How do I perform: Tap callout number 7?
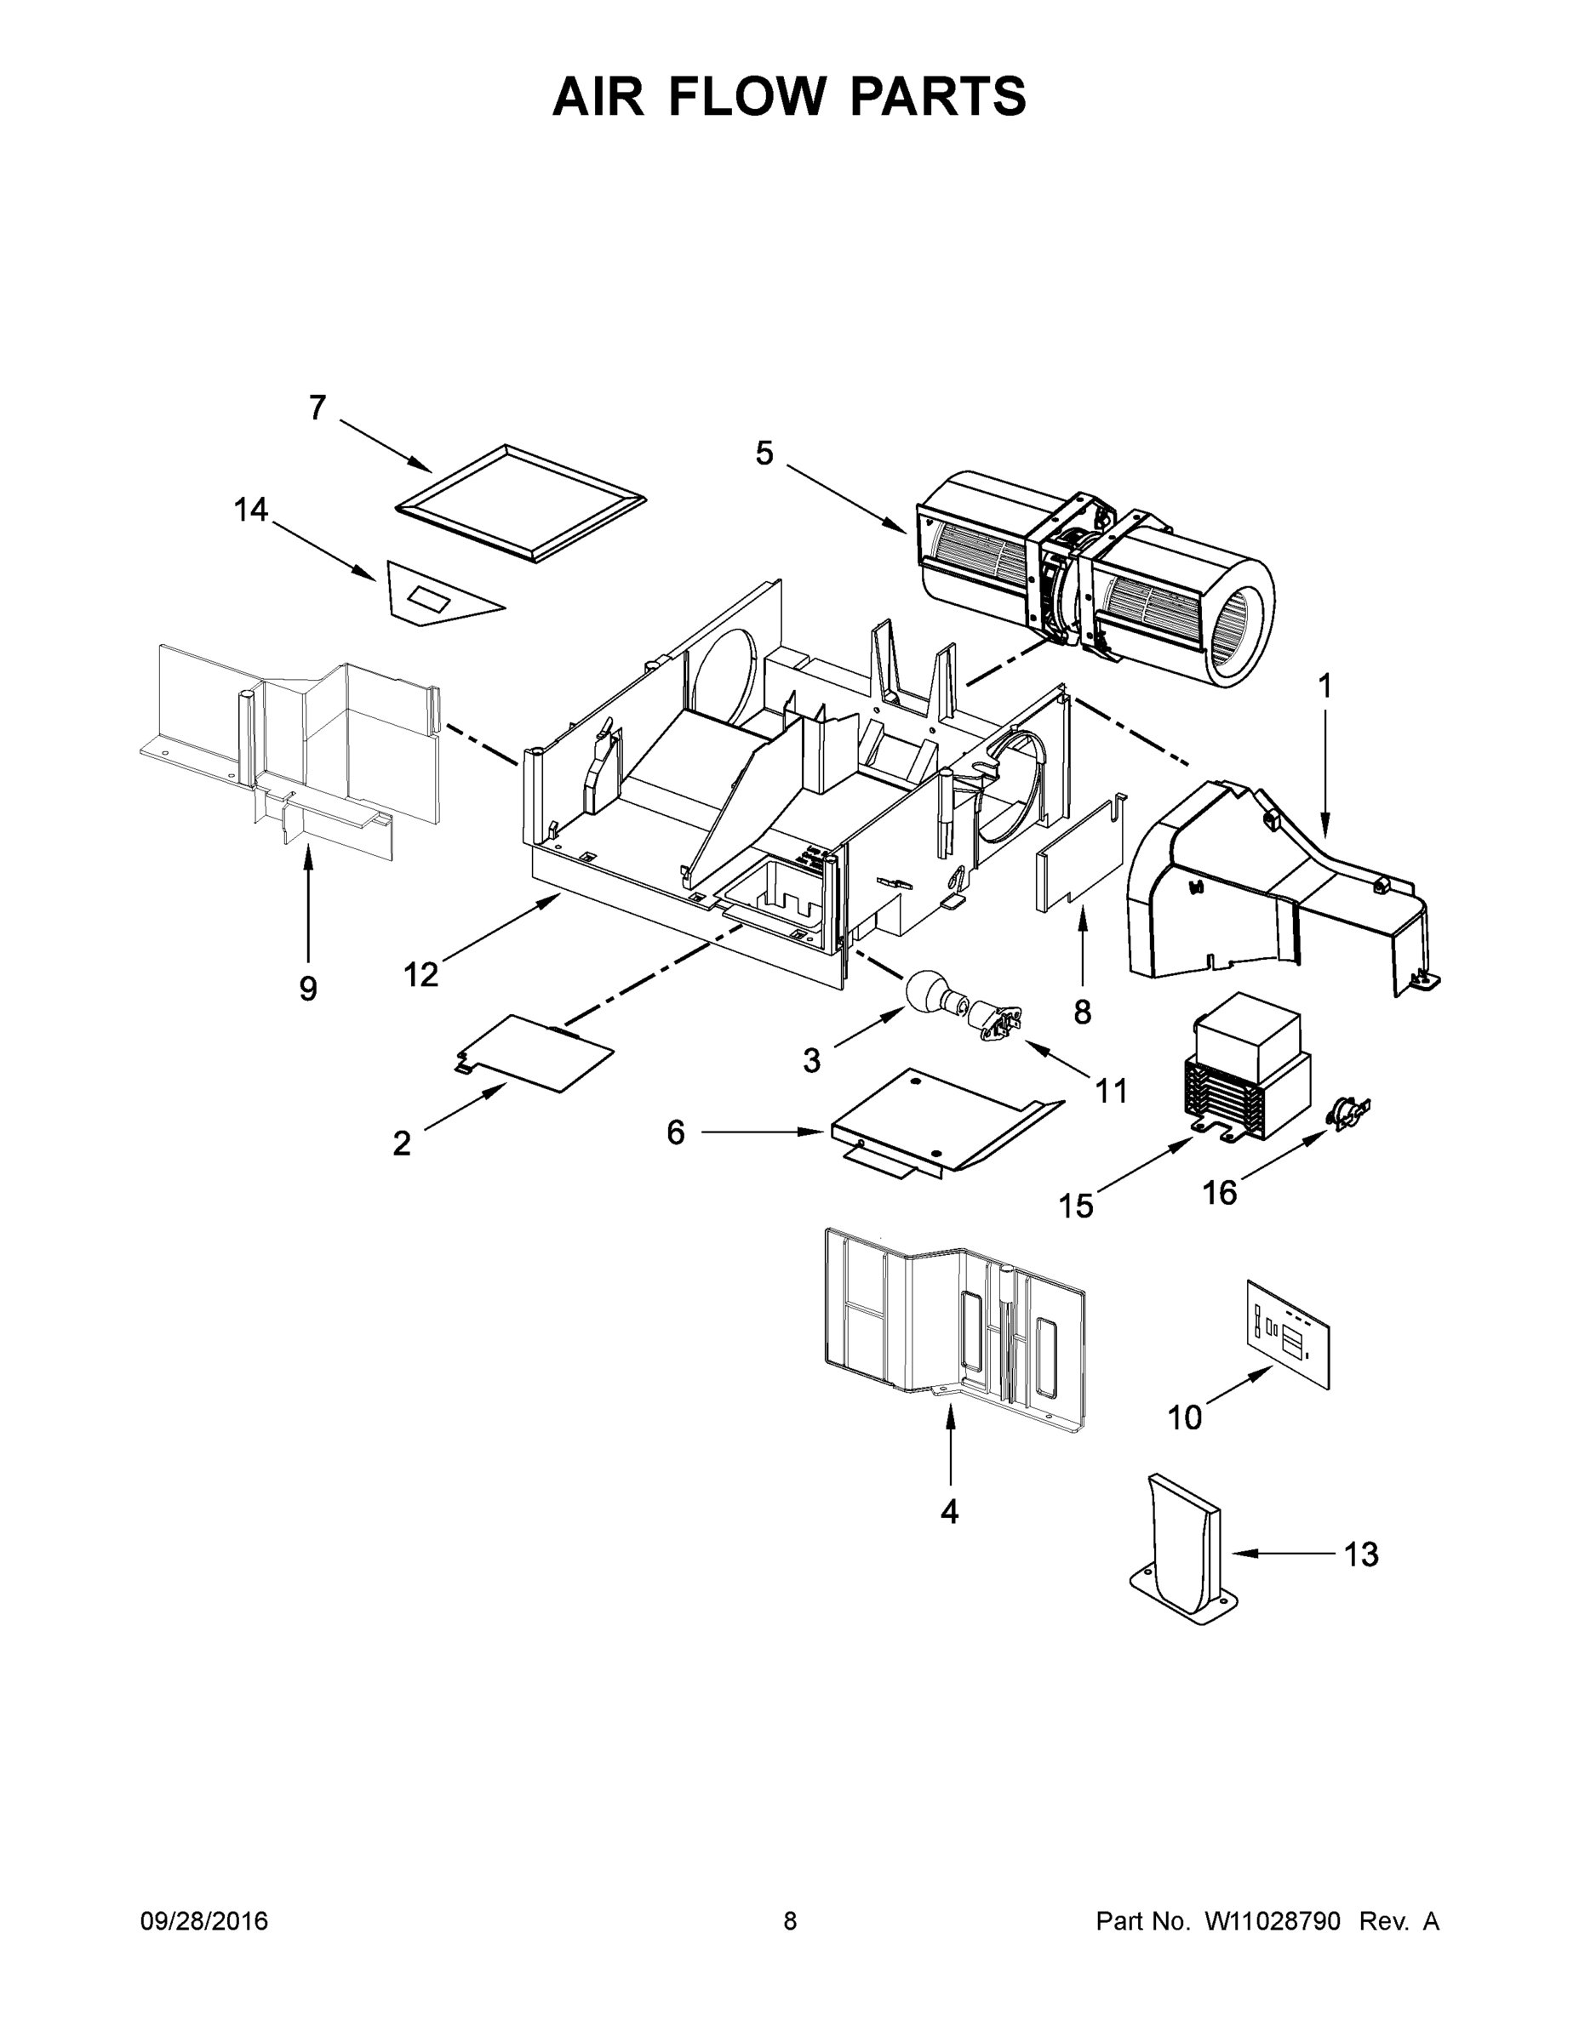coord(318,408)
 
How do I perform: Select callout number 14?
coord(251,510)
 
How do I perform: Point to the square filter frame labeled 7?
coord(521,503)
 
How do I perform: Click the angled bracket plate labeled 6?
coord(935,1122)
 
